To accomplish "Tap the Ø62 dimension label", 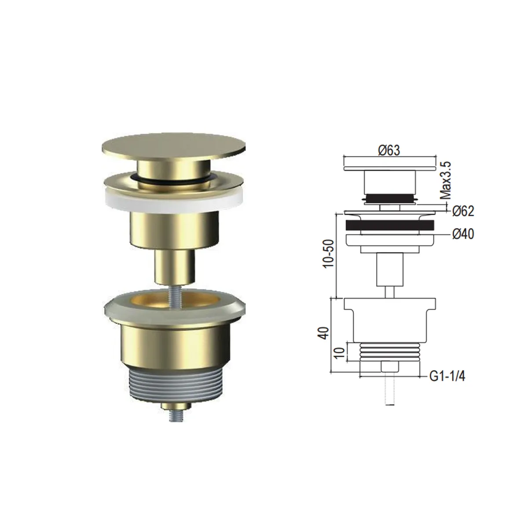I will tap(462, 211).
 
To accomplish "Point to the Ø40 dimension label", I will tap(462, 235).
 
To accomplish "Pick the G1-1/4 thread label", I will tap(447, 377).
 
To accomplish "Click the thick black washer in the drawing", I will tap(390, 225).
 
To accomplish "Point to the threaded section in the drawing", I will tap(390, 352).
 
